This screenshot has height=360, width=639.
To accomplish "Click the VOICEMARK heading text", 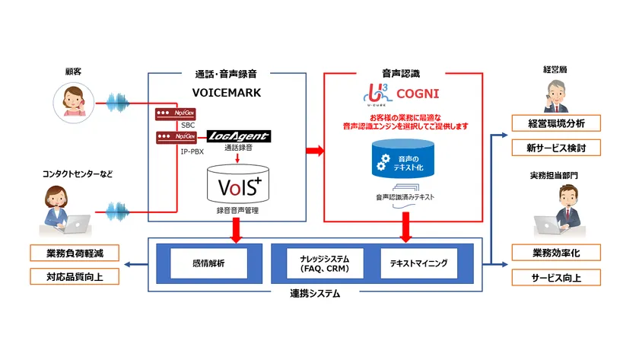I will pyautogui.click(x=227, y=94).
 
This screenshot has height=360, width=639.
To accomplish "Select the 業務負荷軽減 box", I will pyautogui.click(x=75, y=253).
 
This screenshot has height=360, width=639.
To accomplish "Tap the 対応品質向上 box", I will pyautogui.click(x=75, y=276).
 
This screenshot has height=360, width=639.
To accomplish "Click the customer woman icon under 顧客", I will pyautogui.click(x=72, y=102).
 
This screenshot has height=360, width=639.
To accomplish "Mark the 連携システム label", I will pyautogui.click(x=314, y=293).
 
